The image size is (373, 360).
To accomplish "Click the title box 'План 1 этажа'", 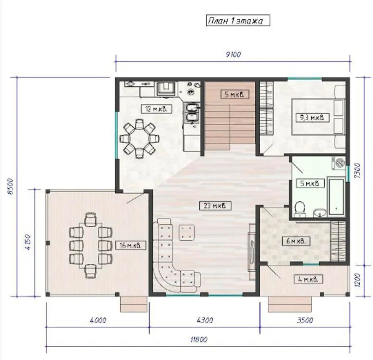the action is pos(238,20).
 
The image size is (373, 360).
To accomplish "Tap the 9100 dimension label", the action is pos(233,54).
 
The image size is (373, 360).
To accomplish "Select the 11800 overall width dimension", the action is pos(199,340).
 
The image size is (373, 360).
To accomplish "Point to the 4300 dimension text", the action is pos(205,320).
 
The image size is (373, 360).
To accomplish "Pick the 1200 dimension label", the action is pos(358,280).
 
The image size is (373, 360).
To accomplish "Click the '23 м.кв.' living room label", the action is pos(215,206).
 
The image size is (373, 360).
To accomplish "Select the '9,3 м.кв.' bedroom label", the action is pos(312,118).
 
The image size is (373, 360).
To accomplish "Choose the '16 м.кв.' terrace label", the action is pos(131,245).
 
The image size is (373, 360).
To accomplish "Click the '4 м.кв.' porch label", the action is pos(308,279).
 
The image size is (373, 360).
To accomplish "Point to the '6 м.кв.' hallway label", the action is pos(296,241).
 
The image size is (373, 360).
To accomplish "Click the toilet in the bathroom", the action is pos(300,209).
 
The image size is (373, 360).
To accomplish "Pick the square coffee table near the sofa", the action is pos(187,232).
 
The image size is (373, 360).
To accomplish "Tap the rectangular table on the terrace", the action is pos(91,246).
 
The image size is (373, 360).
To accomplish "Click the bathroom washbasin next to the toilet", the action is pos(320,212).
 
